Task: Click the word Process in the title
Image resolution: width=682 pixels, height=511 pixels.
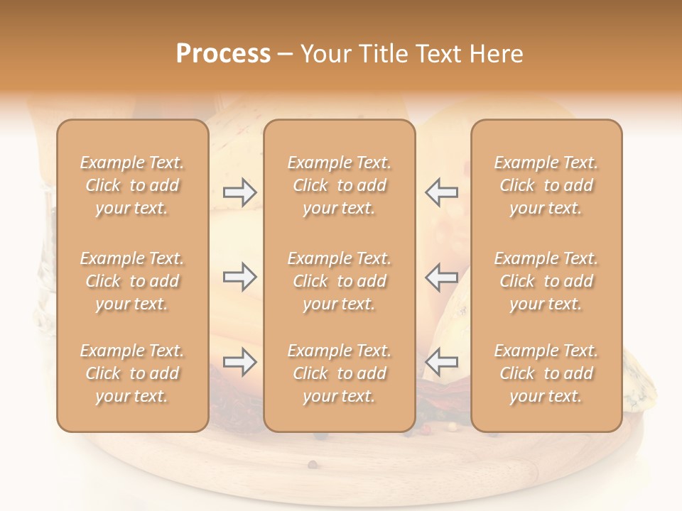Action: tap(223, 54)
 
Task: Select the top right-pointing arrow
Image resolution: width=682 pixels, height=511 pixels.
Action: tap(240, 192)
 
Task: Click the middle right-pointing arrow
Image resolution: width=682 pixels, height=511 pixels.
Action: tap(240, 277)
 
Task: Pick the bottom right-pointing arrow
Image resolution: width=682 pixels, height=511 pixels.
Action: tap(240, 362)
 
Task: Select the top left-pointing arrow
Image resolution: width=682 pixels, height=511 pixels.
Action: tap(442, 192)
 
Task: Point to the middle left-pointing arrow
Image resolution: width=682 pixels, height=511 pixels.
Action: tap(442, 277)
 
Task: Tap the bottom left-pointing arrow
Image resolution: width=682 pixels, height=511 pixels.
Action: tap(442, 362)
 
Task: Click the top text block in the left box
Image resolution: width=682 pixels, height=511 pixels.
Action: tap(132, 185)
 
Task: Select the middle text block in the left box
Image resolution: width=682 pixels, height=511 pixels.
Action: tap(132, 281)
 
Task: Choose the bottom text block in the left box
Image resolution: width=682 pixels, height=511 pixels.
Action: tap(132, 373)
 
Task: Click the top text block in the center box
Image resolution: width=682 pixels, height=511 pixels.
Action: tap(339, 185)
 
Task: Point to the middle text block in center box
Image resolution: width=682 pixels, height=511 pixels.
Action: tap(339, 281)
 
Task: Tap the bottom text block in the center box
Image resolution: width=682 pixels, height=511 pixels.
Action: tap(339, 373)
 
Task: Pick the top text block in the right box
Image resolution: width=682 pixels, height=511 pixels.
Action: tap(546, 185)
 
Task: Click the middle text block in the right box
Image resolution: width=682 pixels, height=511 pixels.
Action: tap(546, 281)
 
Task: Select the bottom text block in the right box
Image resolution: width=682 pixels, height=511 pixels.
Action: tap(546, 373)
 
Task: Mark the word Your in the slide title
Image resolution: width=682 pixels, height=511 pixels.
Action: tap(328, 54)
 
